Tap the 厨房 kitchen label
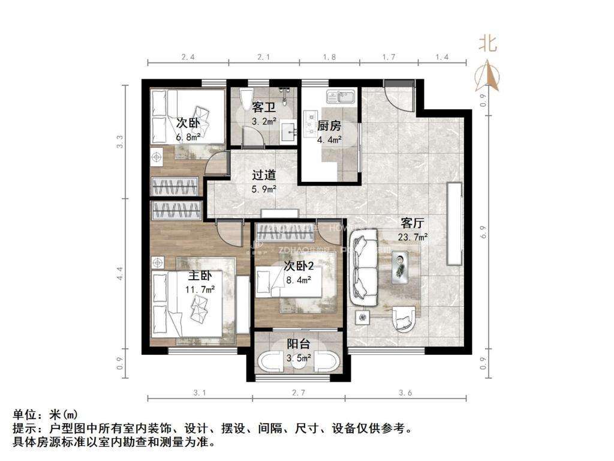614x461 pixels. [329, 126]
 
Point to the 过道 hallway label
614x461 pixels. [264, 176]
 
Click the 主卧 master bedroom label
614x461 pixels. [200, 277]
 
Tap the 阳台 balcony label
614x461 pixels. [298, 345]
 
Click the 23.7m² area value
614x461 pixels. [413, 237]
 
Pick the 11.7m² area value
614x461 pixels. [201, 289]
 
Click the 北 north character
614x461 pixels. [487, 43]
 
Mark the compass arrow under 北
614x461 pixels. [487, 76]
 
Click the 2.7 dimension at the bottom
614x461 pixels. [298, 394]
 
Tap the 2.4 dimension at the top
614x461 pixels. [188, 58]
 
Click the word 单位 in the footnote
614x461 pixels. [25, 415]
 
